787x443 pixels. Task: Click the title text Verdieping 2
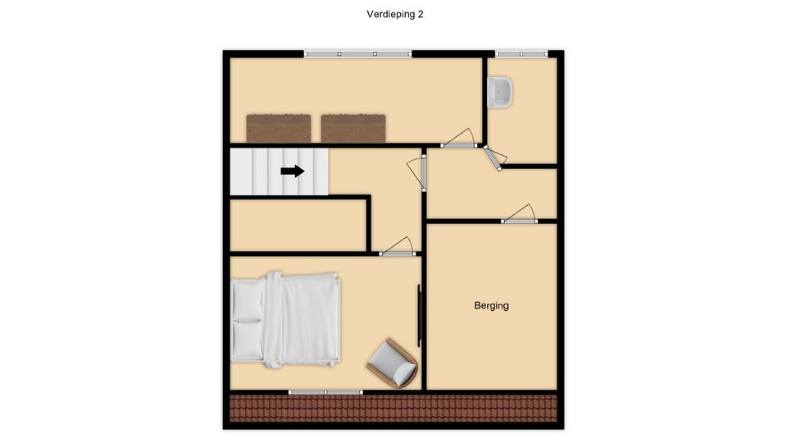coord(394,15)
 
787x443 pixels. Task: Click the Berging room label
coord(491,305)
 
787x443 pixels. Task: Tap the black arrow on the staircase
coord(293,171)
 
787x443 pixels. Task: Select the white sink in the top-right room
coord(499,92)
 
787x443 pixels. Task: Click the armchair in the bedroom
coord(393,363)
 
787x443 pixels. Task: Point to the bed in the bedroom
coord(286,319)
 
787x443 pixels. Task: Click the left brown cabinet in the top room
coord(279,129)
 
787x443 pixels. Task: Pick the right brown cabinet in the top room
coord(353,129)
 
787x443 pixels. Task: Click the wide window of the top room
coord(358,54)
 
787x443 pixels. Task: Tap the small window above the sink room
coord(521,54)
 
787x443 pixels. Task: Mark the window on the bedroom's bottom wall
coord(325,392)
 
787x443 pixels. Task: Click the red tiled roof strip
coord(393,408)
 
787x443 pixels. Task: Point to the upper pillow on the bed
coord(247,300)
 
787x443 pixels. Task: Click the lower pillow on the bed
coord(247,340)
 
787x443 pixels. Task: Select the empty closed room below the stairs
coord(298,226)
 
